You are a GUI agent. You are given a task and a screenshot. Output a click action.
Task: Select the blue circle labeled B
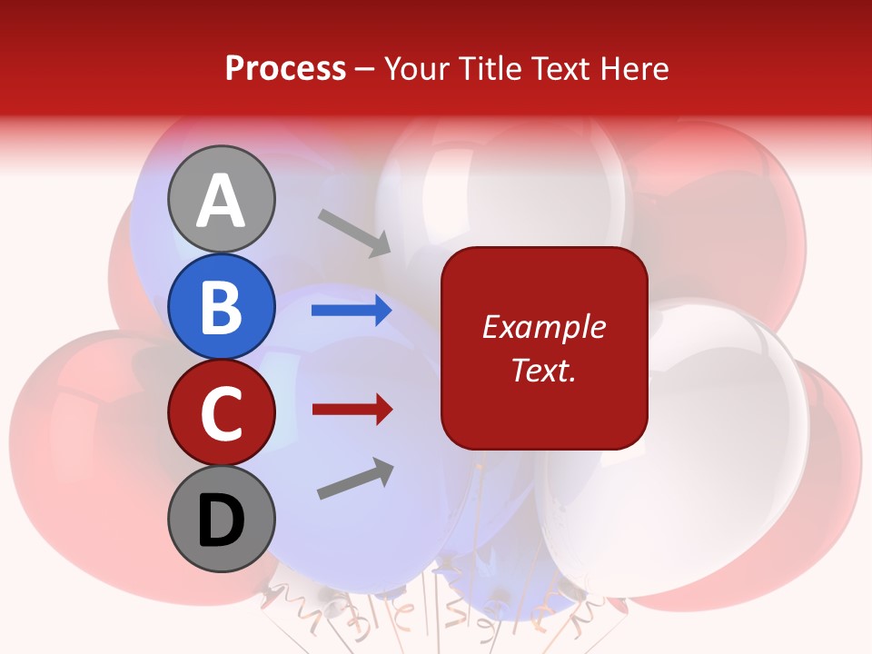pos(221,306)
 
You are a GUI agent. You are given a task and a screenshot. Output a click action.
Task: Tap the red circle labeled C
pos(221,413)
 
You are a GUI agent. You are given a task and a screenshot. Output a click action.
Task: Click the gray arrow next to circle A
pos(354,232)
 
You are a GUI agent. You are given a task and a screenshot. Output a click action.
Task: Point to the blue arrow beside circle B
pos(352,311)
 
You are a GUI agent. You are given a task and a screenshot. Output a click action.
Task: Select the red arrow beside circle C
pos(352,410)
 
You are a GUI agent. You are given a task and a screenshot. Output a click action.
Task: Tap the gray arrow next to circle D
pos(355,479)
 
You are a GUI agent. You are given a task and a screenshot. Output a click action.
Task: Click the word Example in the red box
pos(543,327)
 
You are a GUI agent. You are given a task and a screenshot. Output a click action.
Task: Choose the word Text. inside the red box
pos(543,370)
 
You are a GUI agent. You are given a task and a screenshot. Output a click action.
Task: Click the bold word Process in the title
pos(285,68)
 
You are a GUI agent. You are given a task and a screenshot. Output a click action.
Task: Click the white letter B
pos(221,306)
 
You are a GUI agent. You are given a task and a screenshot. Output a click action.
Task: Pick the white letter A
pos(221,201)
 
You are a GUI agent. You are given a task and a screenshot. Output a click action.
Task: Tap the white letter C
pos(221,413)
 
